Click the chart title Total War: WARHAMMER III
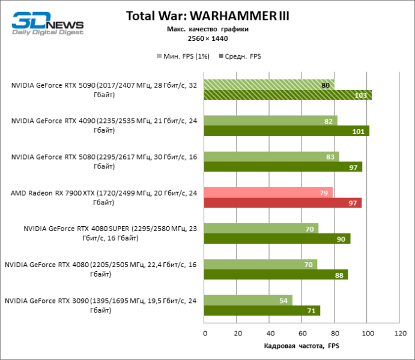coord(207,16)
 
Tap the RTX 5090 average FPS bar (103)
coord(288,95)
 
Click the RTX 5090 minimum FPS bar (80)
coord(269,85)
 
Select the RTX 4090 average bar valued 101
coord(286,131)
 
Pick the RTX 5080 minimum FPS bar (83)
coord(271,157)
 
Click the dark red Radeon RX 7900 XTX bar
coord(283,203)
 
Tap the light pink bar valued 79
coord(268,193)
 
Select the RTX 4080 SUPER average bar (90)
coord(277,239)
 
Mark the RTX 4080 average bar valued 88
coord(276,275)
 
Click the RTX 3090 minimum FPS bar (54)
coord(248,300)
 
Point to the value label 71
coord(312,311)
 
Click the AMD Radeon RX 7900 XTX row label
coord(104,197)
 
